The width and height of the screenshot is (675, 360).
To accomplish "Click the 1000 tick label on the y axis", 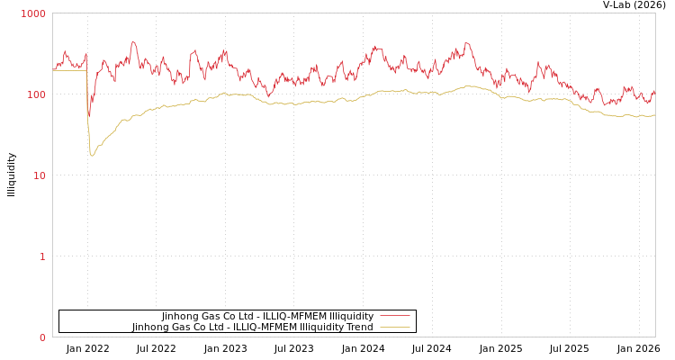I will point(33,14).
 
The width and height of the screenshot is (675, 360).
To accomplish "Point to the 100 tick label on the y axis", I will point(35,95).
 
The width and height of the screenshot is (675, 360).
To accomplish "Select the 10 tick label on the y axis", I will point(39,176).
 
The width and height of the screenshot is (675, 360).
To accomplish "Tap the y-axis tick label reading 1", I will point(41,257).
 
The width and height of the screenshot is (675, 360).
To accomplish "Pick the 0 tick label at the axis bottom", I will point(41,338).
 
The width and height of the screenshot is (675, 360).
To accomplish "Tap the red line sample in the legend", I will point(394,317).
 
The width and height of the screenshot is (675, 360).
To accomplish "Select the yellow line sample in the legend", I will point(394,328).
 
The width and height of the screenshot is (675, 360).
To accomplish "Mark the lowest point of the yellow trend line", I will point(92,156).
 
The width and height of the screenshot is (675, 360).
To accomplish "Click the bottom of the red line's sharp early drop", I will point(88,117).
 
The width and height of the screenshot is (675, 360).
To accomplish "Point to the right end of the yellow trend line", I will point(654,114).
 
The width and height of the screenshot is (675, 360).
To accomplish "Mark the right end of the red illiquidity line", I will point(654,90).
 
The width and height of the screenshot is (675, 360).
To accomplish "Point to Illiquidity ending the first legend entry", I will point(351,317).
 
